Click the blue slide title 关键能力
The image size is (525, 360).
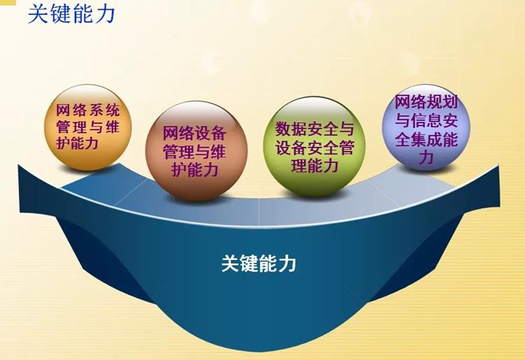click(x=71, y=14)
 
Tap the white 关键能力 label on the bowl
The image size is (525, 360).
click(x=258, y=264)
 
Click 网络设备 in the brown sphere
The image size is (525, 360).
click(x=194, y=133)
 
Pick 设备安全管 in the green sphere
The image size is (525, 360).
click(x=315, y=148)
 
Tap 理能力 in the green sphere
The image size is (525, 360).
click(x=315, y=166)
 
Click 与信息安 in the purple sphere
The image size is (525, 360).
click(x=426, y=121)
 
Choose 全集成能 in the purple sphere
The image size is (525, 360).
click(x=426, y=139)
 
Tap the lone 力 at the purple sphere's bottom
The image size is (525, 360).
click(x=426, y=158)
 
